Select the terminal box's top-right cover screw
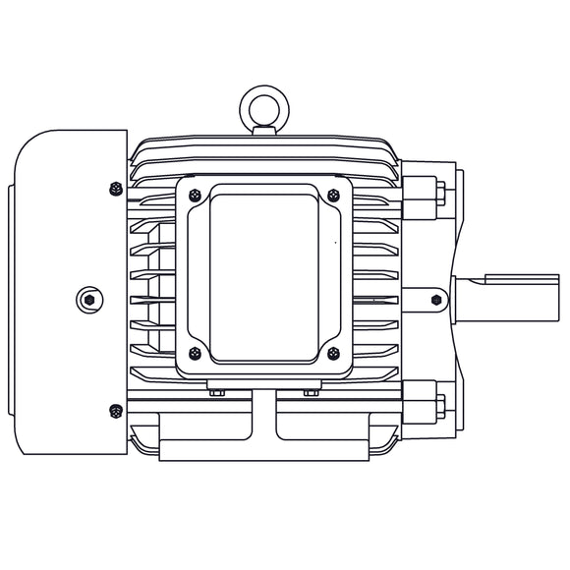point(333,194)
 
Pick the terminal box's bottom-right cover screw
point(333,353)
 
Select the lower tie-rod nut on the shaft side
point(439,404)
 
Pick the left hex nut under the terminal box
point(217,393)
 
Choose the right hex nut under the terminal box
point(311,393)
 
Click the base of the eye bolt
point(263,129)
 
